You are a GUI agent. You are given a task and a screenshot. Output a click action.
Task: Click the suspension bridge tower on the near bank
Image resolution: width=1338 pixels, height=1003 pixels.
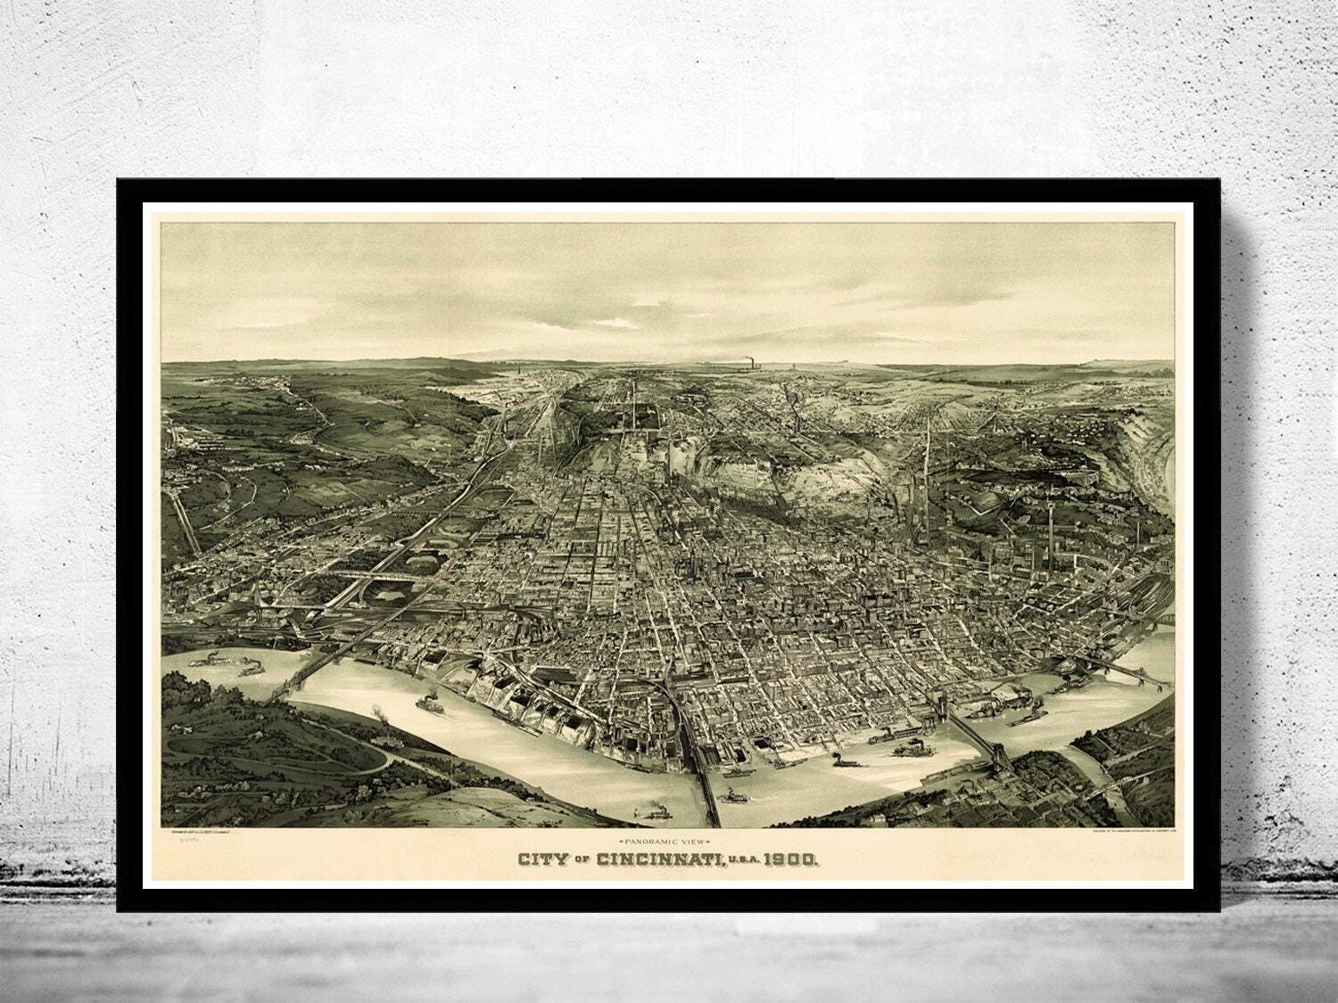click(x=1003, y=758)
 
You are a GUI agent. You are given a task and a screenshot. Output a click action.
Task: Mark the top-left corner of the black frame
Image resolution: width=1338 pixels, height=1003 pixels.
click(x=118, y=179)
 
